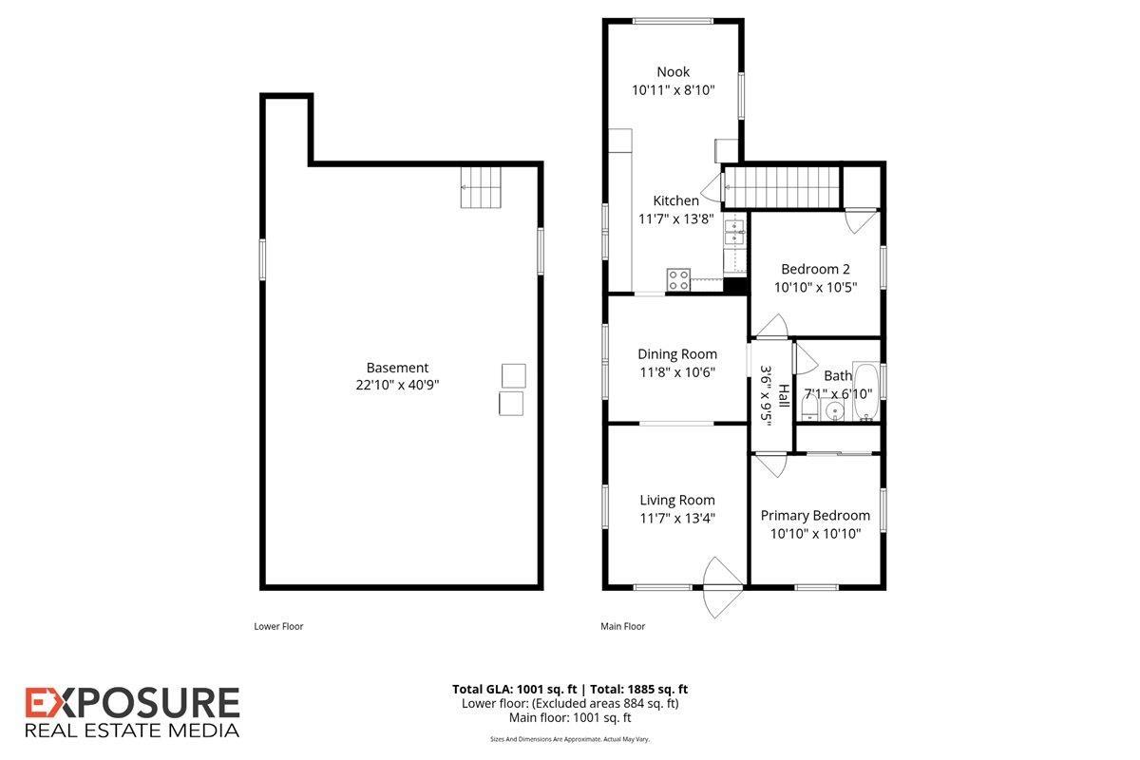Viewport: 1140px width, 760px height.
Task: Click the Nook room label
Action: pyautogui.click(x=673, y=72)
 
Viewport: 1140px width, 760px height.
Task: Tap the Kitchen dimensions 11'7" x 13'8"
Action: pyautogui.click(x=675, y=218)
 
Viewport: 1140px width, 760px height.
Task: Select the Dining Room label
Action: pyautogui.click(x=676, y=353)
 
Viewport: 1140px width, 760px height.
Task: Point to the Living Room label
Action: pyautogui.click(x=676, y=500)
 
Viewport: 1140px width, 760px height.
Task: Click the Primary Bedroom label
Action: pyautogui.click(x=815, y=516)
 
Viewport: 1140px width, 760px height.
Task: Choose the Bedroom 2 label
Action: pyautogui.click(x=815, y=269)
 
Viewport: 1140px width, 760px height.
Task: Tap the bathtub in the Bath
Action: pyautogui.click(x=866, y=391)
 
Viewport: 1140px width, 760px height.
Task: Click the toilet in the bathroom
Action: pyautogui.click(x=809, y=408)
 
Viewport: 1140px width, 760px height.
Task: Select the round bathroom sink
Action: pyautogui.click(x=834, y=410)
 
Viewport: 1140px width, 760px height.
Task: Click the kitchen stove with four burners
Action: pyautogui.click(x=679, y=280)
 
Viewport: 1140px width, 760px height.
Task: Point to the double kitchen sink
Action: pyautogui.click(x=735, y=232)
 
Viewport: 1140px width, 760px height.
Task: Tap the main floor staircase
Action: pyautogui.click(x=781, y=187)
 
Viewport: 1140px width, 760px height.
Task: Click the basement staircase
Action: pyautogui.click(x=481, y=187)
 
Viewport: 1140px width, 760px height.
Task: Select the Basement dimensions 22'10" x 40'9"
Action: pyautogui.click(x=397, y=385)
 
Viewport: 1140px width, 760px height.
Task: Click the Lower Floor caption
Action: pyautogui.click(x=278, y=626)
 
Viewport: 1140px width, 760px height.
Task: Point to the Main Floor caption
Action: pyautogui.click(x=622, y=626)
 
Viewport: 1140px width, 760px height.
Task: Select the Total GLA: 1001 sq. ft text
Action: pyautogui.click(x=515, y=690)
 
